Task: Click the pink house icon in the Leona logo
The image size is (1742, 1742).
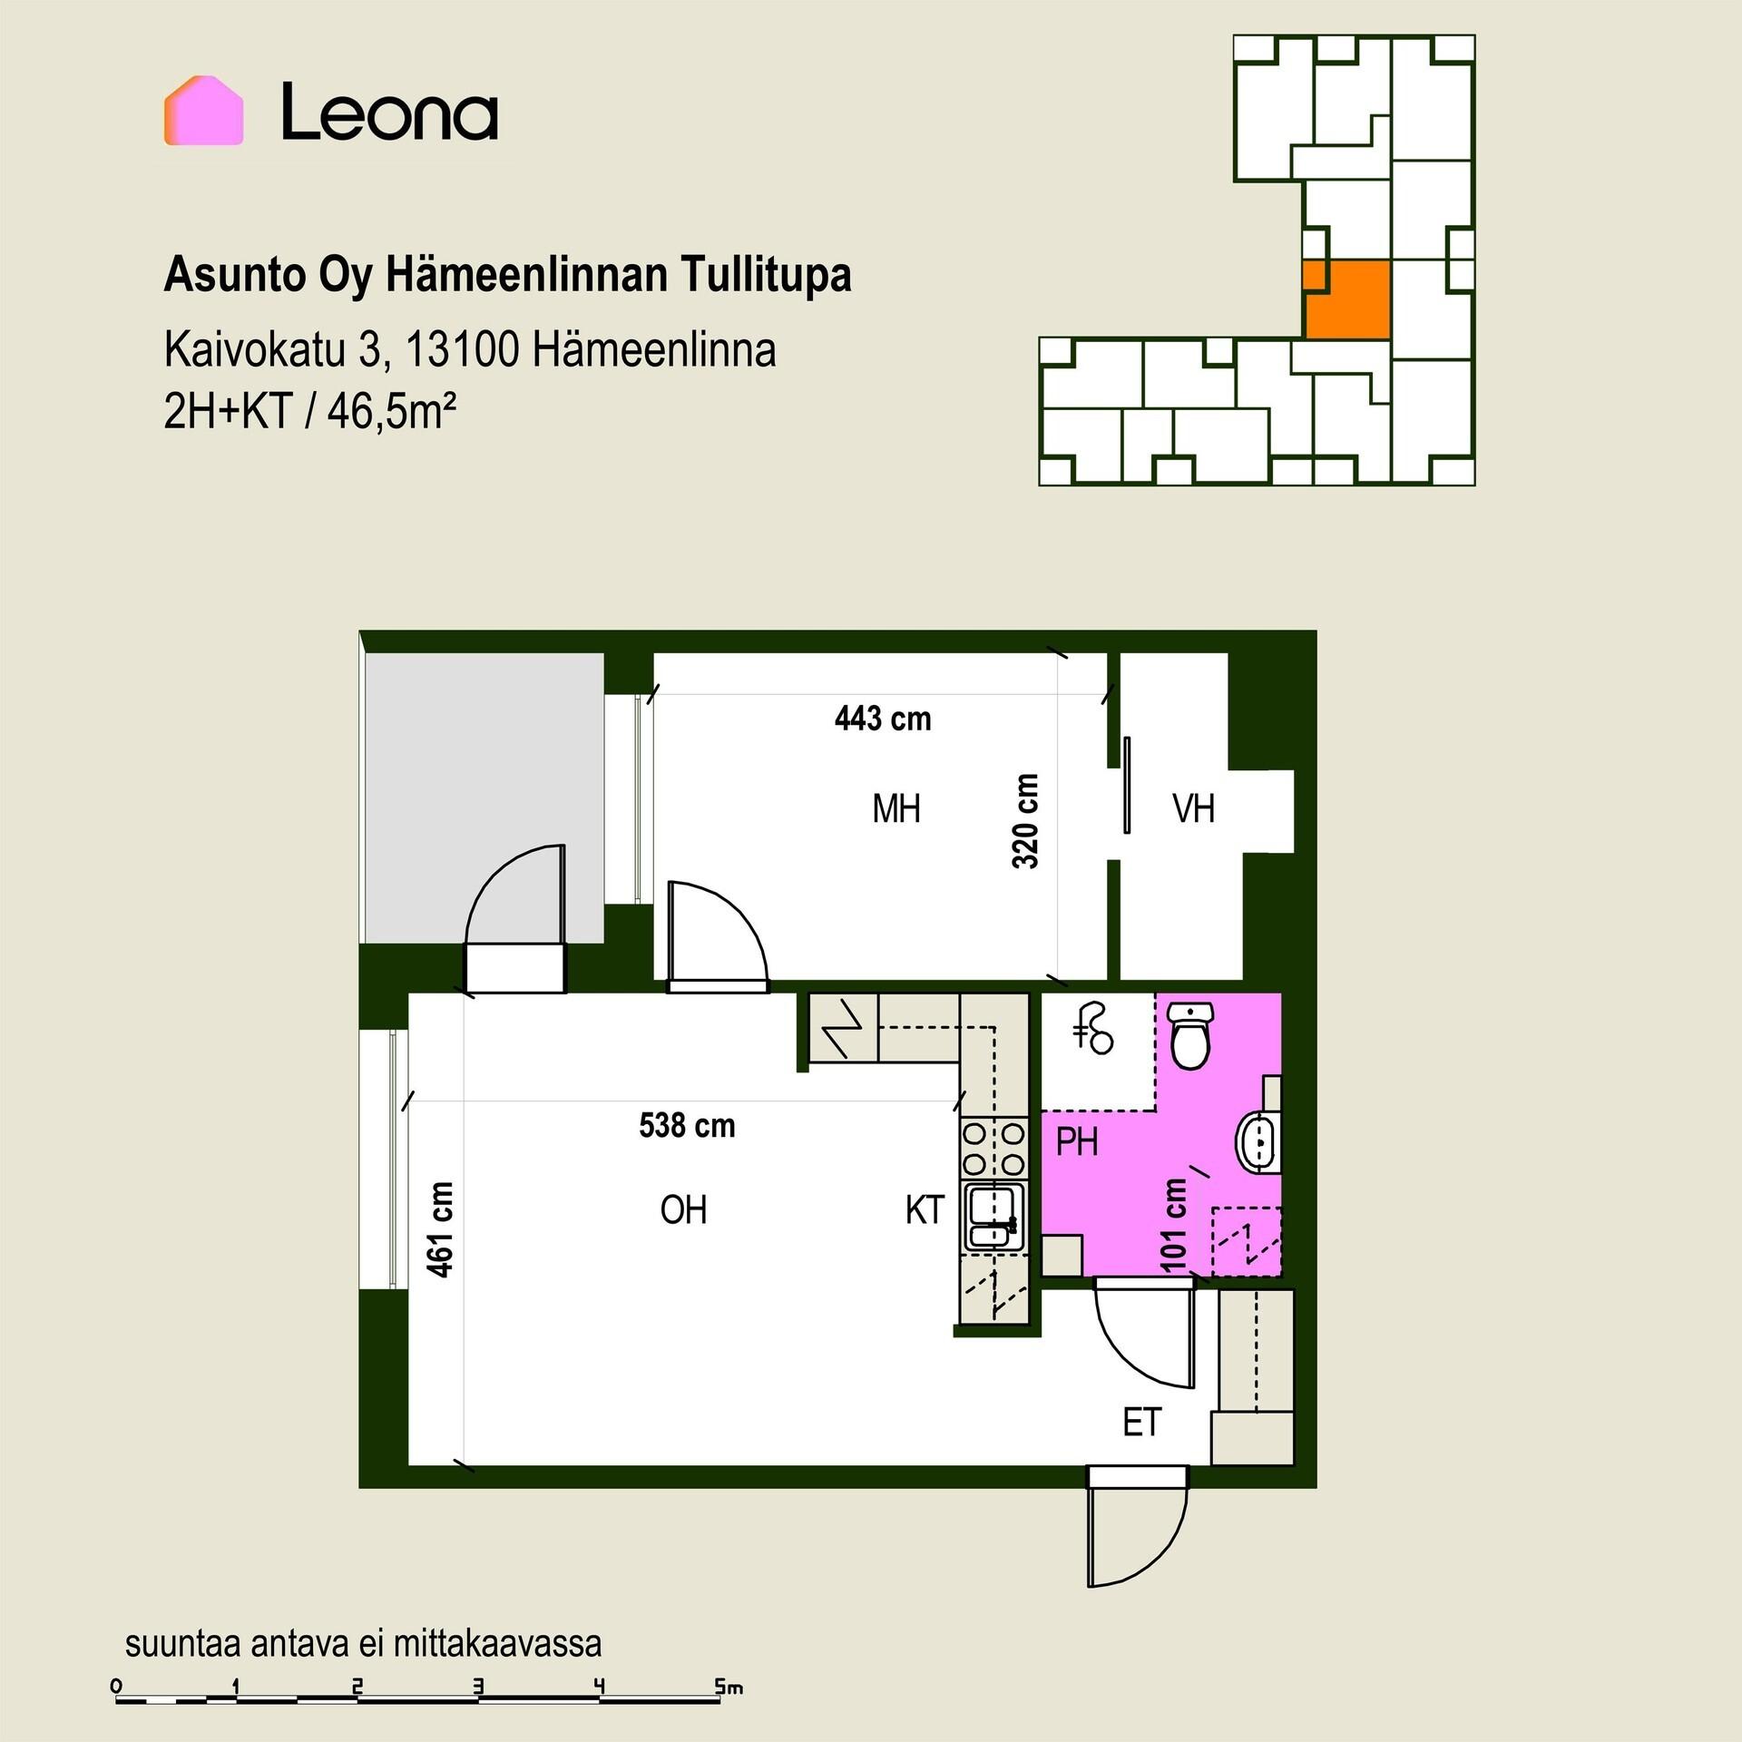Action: coord(203,111)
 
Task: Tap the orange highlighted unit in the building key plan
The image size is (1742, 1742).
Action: coord(1346,299)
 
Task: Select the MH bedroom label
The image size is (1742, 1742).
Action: coord(896,807)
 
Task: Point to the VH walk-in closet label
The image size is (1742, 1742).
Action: coord(1193,807)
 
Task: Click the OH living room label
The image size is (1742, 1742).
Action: coord(683,1209)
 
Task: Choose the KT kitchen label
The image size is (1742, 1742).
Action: coord(925,1209)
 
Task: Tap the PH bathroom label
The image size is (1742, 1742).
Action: coord(1077,1141)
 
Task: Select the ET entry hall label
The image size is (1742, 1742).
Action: coord(1141,1422)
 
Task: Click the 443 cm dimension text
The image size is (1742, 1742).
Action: coord(883,719)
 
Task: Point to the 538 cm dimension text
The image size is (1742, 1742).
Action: coord(687,1125)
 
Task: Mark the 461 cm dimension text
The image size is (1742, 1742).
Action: coord(440,1229)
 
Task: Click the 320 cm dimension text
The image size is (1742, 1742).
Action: coord(1025,821)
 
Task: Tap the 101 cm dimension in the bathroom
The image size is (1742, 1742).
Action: coord(1174,1224)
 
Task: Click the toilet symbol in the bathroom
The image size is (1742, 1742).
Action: coord(1189,1034)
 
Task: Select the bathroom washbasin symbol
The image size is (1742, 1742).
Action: coord(1259,1140)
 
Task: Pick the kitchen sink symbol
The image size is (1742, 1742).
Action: coord(993,1216)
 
